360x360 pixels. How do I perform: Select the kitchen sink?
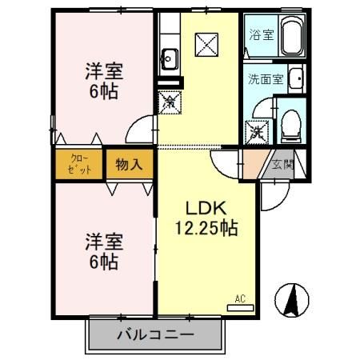tap(170, 57)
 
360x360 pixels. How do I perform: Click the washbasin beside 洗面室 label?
tap(295, 79)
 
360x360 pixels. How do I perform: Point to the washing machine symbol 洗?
tap(258, 131)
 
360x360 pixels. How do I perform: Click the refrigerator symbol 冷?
tap(170, 102)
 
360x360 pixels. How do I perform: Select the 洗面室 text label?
tap(265, 80)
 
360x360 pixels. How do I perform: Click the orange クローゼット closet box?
tap(78, 164)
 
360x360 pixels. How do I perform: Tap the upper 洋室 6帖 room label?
tap(103, 80)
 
